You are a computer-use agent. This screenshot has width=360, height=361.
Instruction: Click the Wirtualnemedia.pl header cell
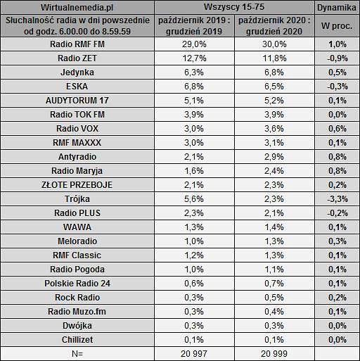pyautogui.click(x=77, y=7)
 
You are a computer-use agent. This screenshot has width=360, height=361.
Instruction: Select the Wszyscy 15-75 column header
pyautogui.click(x=234, y=7)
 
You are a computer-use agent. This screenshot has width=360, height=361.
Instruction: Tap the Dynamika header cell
pyautogui.click(x=337, y=8)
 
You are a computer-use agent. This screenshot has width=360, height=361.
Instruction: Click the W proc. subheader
pyautogui.click(x=337, y=25)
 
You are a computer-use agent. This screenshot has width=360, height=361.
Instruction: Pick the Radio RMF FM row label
pyautogui.click(x=77, y=44)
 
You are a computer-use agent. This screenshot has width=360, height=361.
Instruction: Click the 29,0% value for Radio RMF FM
pyautogui.click(x=194, y=44)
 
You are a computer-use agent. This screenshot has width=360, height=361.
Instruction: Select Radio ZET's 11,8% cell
pyautogui.click(x=274, y=58)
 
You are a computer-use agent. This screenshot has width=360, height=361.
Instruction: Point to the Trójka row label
pyautogui.click(x=77, y=199)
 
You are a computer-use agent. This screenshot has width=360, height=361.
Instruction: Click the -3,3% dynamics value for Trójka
pyautogui.click(x=337, y=199)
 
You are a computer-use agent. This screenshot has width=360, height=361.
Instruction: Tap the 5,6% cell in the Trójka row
pyautogui.click(x=194, y=199)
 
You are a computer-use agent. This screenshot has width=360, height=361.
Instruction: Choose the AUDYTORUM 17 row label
pyautogui.click(x=77, y=101)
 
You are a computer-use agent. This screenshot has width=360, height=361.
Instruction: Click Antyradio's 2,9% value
pyautogui.click(x=274, y=157)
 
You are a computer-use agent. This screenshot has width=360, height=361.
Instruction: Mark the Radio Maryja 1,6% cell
pyautogui.click(x=194, y=171)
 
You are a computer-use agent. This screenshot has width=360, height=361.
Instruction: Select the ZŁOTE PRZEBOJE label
pyautogui.click(x=77, y=185)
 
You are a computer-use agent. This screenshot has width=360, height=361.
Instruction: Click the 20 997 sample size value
pyautogui.click(x=194, y=354)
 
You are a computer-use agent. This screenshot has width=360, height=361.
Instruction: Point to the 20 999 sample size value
pyautogui.click(x=274, y=354)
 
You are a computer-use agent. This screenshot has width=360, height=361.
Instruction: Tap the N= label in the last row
pyautogui.click(x=77, y=354)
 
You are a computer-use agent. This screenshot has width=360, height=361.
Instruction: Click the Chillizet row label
pyautogui.click(x=77, y=340)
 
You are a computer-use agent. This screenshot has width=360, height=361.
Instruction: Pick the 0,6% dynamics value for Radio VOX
pyautogui.click(x=337, y=129)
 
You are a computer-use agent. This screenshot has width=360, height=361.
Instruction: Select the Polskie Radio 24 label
pyautogui.click(x=77, y=284)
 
